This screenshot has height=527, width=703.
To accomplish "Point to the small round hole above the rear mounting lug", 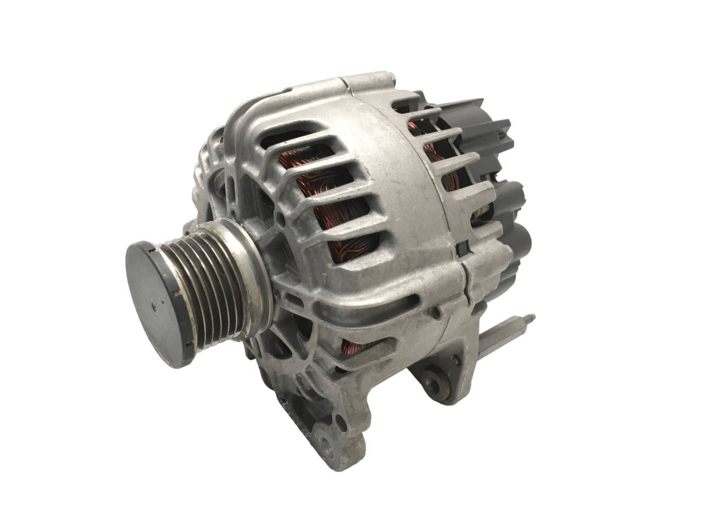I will click(x=436, y=313).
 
